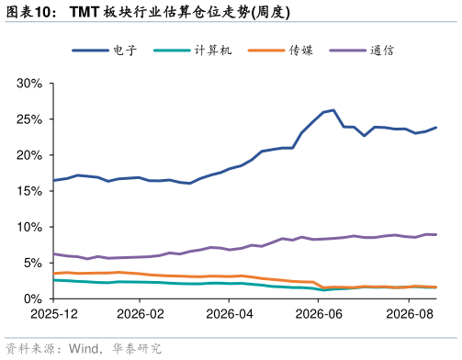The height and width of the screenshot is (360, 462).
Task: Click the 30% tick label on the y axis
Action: click(29, 84)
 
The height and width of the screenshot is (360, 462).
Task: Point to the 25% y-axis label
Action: click(29, 119)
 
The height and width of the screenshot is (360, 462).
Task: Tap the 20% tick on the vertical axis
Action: click(29, 155)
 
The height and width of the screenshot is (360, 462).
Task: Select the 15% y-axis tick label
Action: click(29, 191)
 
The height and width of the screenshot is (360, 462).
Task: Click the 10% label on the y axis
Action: click(29, 227)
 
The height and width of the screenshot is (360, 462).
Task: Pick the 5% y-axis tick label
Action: click(33, 263)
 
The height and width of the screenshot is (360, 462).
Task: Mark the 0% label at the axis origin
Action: click(33, 298)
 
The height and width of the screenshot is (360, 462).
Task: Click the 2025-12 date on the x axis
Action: click(54, 314)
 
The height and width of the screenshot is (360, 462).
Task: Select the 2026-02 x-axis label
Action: click(141, 314)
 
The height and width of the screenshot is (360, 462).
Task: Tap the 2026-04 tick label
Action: click(230, 314)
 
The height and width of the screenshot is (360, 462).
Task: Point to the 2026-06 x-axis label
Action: click(319, 314)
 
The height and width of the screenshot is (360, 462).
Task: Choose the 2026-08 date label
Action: click(410, 314)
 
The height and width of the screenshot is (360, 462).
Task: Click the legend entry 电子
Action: click(125, 51)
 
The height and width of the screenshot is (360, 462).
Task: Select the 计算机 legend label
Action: click(213, 51)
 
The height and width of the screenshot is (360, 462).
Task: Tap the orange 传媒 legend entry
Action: click(301, 51)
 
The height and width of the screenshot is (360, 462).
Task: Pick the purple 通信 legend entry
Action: click(382, 51)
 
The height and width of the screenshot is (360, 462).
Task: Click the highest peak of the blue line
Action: click(333, 110)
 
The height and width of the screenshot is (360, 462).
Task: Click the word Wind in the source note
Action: click(84, 349)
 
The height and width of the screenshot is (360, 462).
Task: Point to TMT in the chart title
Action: click(85, 12)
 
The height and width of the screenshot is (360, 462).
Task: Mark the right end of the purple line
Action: click(435, 235)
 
